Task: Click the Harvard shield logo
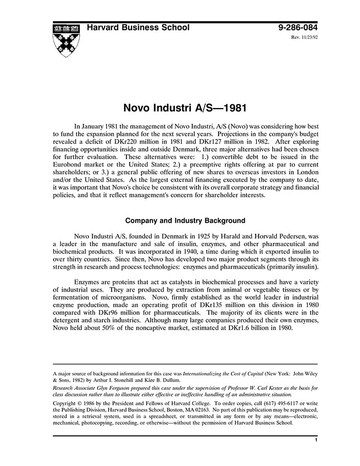tap(65, 40)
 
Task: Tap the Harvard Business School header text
tap(138, 28)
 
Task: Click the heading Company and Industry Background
tap(185, 221)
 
